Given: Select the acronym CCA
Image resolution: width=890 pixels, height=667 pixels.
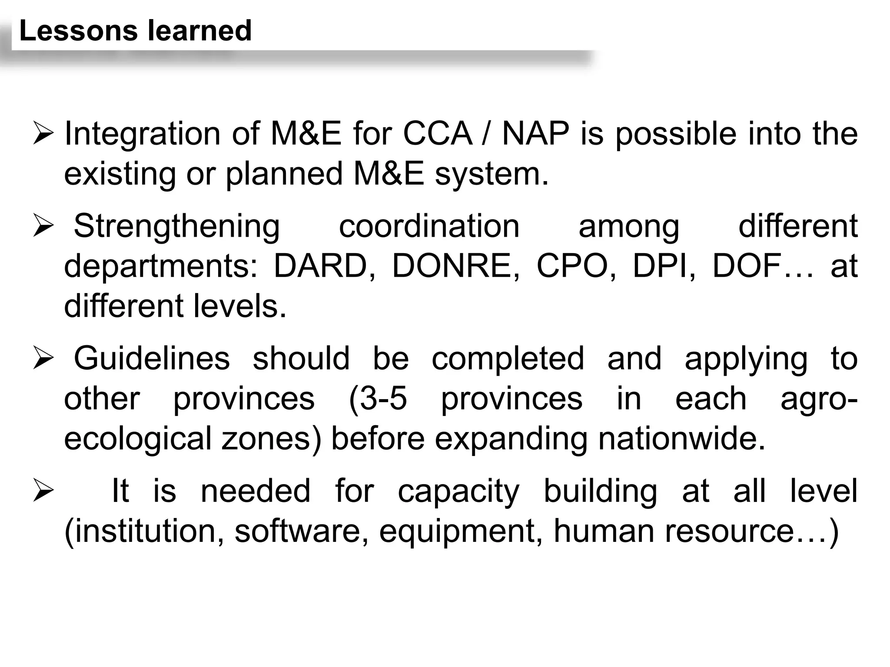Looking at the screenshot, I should tap(437, 134).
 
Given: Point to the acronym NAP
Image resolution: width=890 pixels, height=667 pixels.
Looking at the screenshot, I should tap(535, 134).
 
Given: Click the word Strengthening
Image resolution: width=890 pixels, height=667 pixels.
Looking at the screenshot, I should tap(177, 227).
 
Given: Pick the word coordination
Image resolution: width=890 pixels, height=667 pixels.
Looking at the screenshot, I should tap(429, 226).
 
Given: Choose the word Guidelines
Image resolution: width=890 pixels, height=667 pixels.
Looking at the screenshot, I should tap(152, 359).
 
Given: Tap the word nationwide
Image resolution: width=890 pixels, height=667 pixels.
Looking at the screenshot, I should tap(681, 439).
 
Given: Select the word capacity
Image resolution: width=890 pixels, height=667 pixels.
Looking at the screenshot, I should tap(458, 492).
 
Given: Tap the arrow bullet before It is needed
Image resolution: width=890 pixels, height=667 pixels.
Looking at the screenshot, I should tap(43, 492).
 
